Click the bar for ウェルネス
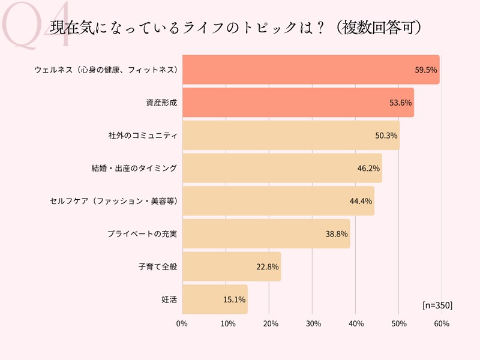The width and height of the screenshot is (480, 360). [x=311, y=70]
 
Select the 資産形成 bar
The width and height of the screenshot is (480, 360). [x=298, y=103]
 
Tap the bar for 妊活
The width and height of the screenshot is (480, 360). [x=215, y=299]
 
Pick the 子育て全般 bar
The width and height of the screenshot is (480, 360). [x=232, y=266]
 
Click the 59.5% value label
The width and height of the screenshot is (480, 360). [x=427, y=70]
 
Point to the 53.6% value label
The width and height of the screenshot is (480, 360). [x=401, y=103]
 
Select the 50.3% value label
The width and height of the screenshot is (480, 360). [x=386, y=136]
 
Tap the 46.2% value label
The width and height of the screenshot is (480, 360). [x=368, y=168]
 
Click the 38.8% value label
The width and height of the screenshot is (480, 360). [x=337, y=233]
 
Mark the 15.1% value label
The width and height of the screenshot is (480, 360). [x=234, y=299]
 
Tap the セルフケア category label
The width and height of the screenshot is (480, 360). [x=113, y=201]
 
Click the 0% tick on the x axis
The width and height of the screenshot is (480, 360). [x=182, y=324]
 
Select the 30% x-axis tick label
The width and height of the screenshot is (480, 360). [x=312, y=324]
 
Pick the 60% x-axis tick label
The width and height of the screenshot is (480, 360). [x=442, y=324]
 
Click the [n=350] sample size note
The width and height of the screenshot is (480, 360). [x=437, y=305]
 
